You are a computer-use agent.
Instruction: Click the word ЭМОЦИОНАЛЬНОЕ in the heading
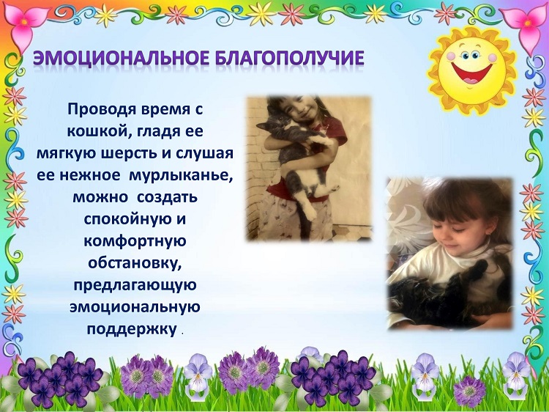(120, 59)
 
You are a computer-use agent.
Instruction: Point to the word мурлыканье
(181, 176)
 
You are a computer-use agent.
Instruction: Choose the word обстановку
(135, 264)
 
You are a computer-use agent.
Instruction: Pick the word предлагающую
(135, 286)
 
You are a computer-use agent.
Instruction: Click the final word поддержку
(132, 330)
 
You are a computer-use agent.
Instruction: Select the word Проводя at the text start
(102, 110)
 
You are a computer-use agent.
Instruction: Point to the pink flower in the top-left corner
(23, 25)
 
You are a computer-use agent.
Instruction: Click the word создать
(168, 198)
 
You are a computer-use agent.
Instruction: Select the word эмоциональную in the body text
(135, 307)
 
